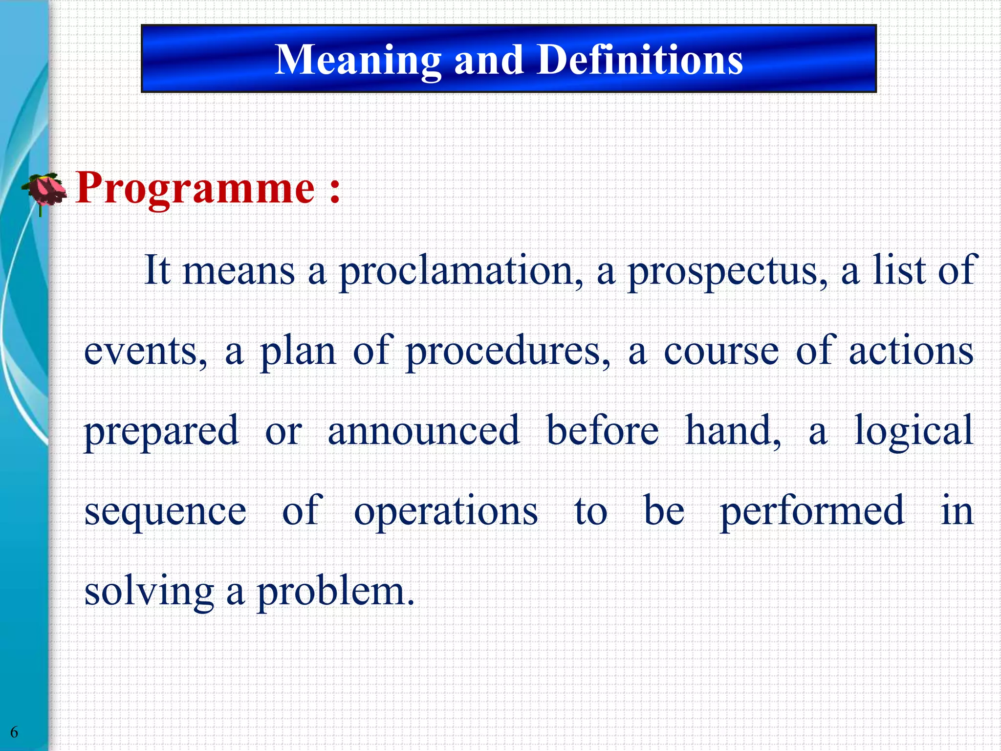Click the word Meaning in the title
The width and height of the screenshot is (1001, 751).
pyautogui.click(x=358, y=61)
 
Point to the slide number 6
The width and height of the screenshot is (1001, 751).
pyautogui.click(x=14, y=732)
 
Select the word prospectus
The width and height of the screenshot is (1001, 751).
pyautogui.click(x=728, y=271)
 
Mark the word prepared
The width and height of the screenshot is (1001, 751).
pyautogui.click(x=161, y=431)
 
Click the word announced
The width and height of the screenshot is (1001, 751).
pyautogui.click(x=423, y=431)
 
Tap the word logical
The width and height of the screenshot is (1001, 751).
pyautogui.click(x=914, y=431)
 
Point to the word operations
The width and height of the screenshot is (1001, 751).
pyautogui.click(x=446, y=511)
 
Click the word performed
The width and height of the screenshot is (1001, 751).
pyautogui.click(x=812, y=511)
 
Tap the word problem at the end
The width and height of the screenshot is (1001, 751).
pyautogui.click(x=335, y=592)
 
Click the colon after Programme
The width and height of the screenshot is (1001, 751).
pyautogui.click(x=335, y=191)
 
